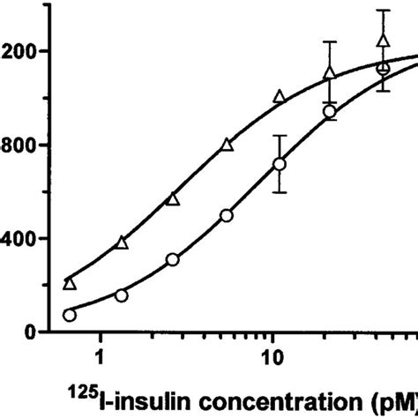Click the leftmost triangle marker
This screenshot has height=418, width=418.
pyautogui.click(x=70, y=283)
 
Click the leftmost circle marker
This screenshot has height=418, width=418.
pyautogui.click(x=70, y=315)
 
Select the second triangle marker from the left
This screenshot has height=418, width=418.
pyautogui.click(x=122, y=242)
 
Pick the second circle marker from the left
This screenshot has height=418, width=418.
pyautogui.click(x=122, y=295)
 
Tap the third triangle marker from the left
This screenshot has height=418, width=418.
pyautogui.click(x=173, y=199)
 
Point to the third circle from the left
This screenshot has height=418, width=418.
pyautogui.click(x=173, y=259)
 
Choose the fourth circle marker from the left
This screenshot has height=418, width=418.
pyautogui.click(x=227, y=215)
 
